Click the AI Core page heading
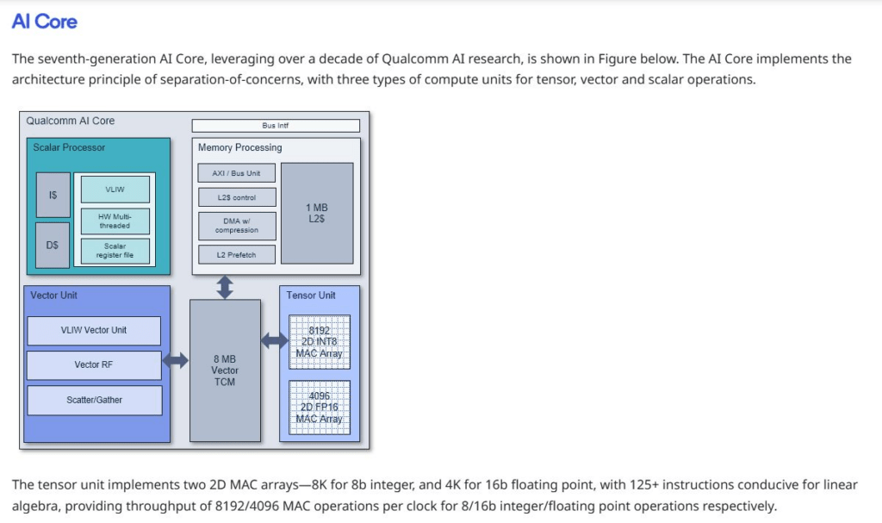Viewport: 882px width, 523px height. click(45, 22)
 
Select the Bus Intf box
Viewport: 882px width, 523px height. click(276, 125)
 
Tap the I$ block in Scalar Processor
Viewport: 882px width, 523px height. click(53, 195)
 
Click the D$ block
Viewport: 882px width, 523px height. click(53, 245)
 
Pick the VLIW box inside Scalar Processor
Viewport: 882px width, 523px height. click(115, 190)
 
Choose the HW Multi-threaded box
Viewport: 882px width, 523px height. click(115, 221)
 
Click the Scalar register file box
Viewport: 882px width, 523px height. click(115, 251)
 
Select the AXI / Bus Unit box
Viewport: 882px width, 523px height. click(237, 173)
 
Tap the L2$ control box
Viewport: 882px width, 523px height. click(237, 197)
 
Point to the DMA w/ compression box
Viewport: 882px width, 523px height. click(237, 226)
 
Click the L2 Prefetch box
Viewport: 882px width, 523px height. click(237, 254)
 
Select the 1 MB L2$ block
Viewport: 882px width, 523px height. click(317, 214)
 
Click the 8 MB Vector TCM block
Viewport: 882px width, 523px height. click(225, 370)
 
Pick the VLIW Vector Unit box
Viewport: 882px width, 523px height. click(94, 331)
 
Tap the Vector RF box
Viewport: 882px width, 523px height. click(94, 364)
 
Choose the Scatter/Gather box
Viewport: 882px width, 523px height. click(95, 401)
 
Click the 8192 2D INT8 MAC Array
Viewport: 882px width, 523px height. click(320, 342)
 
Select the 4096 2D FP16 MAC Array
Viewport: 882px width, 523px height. click(320, 408)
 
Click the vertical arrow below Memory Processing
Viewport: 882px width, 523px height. click(225, 287)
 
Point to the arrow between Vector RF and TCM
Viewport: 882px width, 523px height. click(176, 360)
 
